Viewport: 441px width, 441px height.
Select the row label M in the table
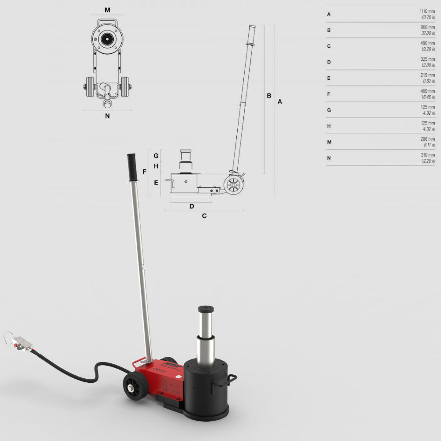pyautogui.click(x=329, y=142)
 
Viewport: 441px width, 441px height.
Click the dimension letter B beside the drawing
pyautogui.click(x=269, y=96)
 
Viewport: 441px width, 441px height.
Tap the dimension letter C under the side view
pyautogui.click(x=204, y=216)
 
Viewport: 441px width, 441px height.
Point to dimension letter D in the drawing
pyautogui.click(x=192, y=206)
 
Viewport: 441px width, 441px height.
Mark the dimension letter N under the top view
pyautogui.click(x=107, y=116)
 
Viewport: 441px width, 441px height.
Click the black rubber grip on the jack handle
pyautogui.click(x=132, y=167)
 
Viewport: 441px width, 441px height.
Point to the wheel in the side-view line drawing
pyautogui.click(x=233, y=185)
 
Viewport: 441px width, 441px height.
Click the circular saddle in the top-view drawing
pyautogui.click(x=106, y=39)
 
